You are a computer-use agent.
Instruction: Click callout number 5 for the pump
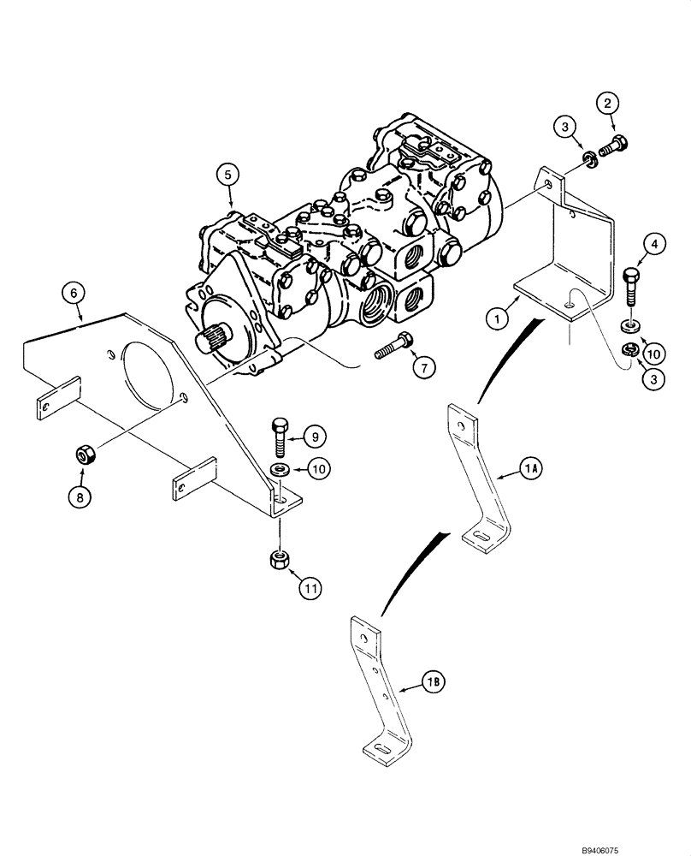click(226, 175)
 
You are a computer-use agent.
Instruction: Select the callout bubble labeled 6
click(74, 293)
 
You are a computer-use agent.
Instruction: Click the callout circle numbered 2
click(608, 105)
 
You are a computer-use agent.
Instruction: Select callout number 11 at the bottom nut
click(310, 587)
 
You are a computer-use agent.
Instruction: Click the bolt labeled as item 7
click(393, 348)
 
